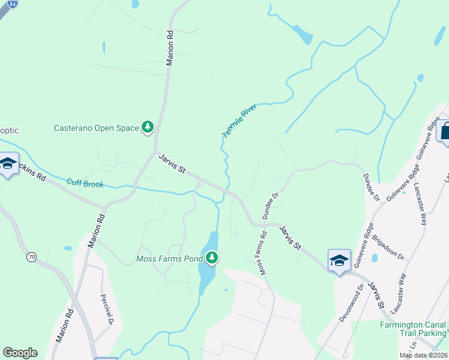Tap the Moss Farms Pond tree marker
pyautogui.click(x=211, y=258)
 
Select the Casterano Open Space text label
pyautogui.click(x=95, y=128)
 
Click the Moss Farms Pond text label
pyautogui.click(x=170, y=259)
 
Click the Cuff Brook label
pyautogui.click(x=85, y=183)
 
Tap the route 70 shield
pyautogui.click(x=31, y=257)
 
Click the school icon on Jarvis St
pyautogui.click(x=339, y=260)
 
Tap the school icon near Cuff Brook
pyautogui.click(x=8, y=164)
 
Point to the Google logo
pyautogui.click(x=20, y=353)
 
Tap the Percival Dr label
pyautogui.click(x=107, y=308)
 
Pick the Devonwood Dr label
pyautogui.click(x=351, y=304)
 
